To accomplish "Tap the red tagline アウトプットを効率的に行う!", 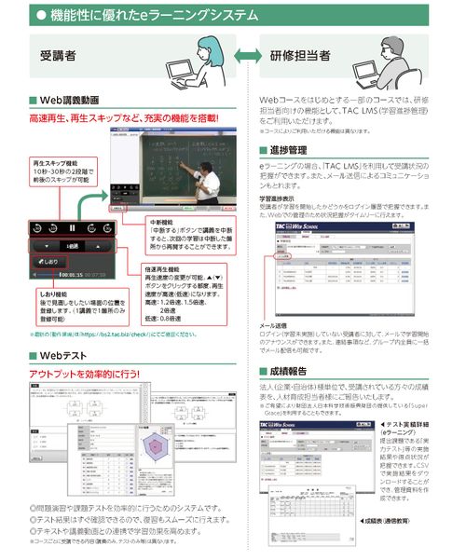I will [84, 374].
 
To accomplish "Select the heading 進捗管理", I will [288, 149].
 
